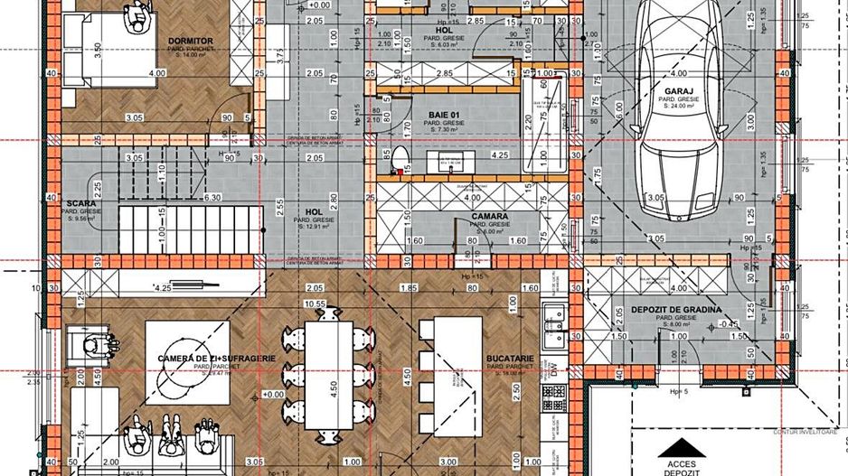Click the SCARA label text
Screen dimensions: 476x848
[x=81, y=204]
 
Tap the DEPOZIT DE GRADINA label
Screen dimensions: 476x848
[x=676, y=310]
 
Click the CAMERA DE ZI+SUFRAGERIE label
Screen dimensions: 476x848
[x=216, y=359]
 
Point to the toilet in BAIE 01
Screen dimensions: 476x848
[x=400, y=161]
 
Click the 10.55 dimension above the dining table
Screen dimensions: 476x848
[x=316, y=304]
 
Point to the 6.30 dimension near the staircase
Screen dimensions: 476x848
[x=213, y=197]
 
